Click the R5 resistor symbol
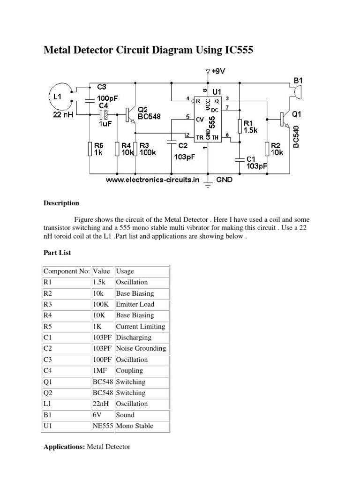pos(90,149)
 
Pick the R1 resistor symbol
pos(240,126)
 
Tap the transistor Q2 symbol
pos(130,115)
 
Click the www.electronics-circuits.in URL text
pos(153,180)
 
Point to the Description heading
pos(61,203)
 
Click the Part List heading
pos(57,252)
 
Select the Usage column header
pos(125,271)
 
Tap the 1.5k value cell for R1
pos(101,282)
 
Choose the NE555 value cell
pos(103,426)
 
